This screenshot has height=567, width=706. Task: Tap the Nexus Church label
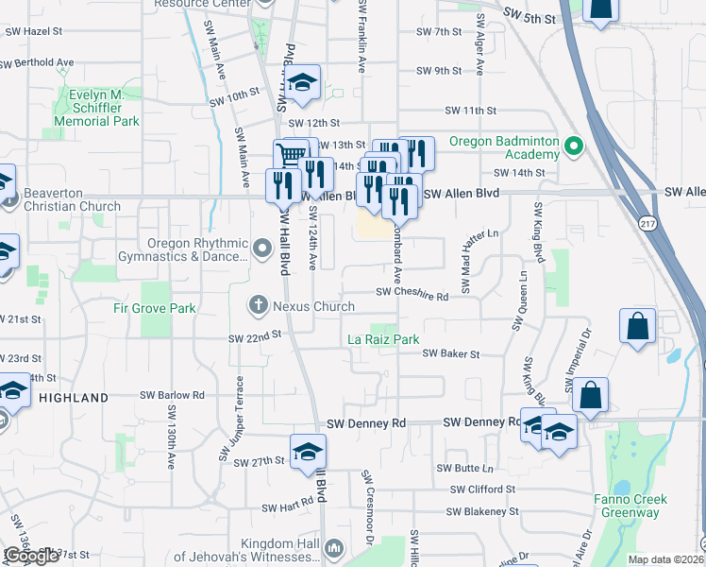[313, 306]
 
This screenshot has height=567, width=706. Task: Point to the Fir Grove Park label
[152, 308]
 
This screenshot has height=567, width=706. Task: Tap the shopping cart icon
[291, 156]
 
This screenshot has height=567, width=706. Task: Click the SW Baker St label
[451, 353]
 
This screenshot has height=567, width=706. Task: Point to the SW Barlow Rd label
[172, 395]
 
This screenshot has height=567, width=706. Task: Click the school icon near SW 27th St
[308, 451]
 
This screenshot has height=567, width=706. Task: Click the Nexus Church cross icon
[257, 305]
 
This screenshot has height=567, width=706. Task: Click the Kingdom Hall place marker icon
[332, 548]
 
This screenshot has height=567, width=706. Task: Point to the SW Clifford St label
[483, 490]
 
